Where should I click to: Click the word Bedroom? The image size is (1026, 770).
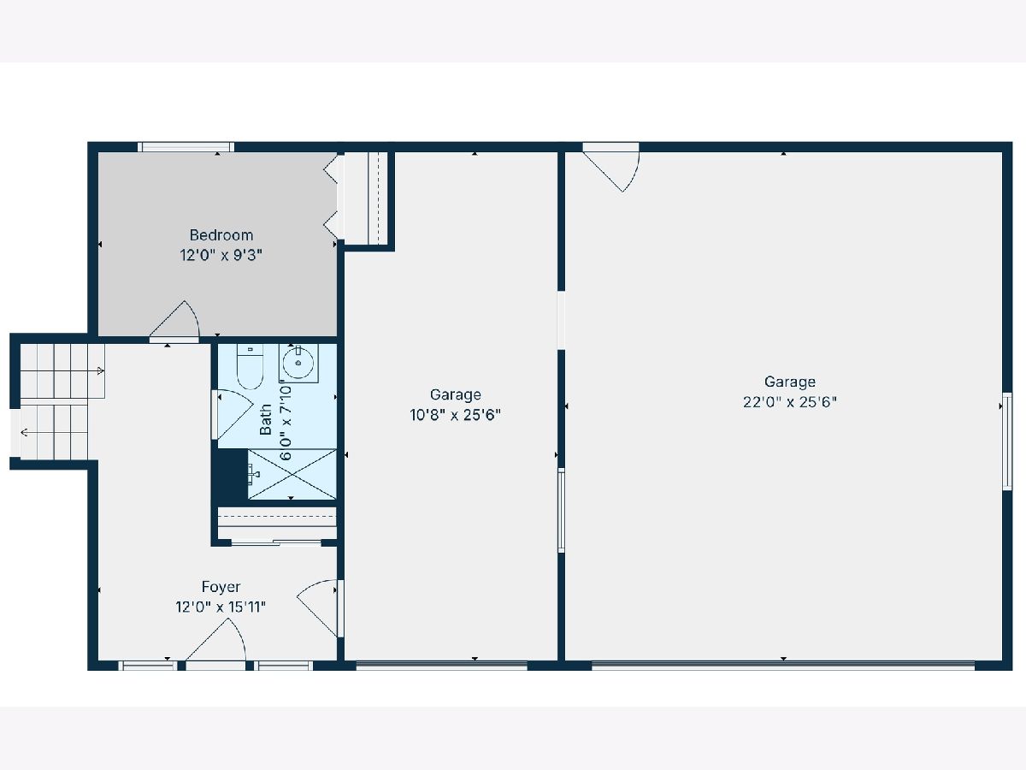point(221,234)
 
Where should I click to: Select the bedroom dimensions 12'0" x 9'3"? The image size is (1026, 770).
point(221,255)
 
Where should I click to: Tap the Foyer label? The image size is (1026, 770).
point(221,586)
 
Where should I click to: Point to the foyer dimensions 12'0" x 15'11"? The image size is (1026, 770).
point(221,607)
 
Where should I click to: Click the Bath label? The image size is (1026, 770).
point(266,419)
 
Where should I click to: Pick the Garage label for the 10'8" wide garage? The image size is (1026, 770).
point(455,394)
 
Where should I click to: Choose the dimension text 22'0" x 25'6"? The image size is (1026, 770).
point(790,402)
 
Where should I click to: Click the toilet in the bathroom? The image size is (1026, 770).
point(250,366)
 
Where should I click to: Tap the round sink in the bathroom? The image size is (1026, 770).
point(298,363)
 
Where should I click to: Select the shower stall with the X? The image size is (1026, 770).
point(292,474)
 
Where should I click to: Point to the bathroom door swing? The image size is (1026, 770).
point(233,415)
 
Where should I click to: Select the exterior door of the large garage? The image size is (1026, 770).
point(611,168)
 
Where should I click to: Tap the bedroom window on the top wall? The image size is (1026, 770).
point(186,147)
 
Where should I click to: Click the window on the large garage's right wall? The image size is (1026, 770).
point(1007,441)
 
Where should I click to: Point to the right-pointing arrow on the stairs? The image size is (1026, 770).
point(101,371)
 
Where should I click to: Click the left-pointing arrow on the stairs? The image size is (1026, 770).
point(24,432)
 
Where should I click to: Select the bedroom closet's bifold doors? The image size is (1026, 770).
point(331,197)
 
